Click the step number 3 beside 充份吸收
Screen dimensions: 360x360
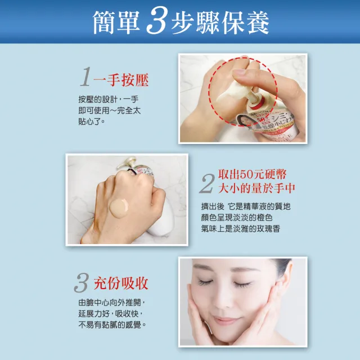point(82,283)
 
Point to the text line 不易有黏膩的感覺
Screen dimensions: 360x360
point(112,325)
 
